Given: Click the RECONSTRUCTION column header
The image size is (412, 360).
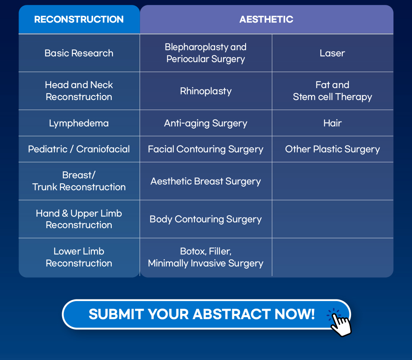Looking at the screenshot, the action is point(79,19).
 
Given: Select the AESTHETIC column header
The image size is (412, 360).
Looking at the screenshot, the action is point(266,19).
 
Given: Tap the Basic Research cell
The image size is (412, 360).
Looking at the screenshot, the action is point(79,53).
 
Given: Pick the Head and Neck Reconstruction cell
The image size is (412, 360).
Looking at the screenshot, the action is point(79,91).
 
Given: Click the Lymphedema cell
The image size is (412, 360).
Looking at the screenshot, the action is point(79,123).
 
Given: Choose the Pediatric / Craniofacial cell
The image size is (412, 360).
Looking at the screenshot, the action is point(79,149).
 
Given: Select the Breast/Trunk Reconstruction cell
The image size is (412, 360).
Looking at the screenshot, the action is point(79,181).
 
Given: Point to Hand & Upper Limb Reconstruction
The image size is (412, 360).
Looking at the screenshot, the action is point(79,219).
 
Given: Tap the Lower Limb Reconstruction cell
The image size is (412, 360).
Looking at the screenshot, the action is point(79,257).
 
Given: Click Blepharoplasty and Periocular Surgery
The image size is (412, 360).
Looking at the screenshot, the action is point(206,53).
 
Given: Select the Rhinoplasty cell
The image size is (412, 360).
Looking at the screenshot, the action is point(206,91).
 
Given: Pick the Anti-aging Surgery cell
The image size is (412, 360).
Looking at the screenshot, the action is point(206,123).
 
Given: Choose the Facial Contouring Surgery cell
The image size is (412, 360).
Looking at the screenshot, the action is point(206,149).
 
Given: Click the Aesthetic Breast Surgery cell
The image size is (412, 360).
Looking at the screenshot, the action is point(206,181).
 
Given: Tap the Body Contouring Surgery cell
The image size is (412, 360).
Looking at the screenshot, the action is point(206,219).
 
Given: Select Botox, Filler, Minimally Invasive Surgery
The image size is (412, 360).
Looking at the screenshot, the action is point(206,257).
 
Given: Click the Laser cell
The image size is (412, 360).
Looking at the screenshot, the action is point(332,53).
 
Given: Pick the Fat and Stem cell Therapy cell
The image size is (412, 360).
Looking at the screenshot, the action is point(332,91).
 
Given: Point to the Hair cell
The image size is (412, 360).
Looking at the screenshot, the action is point(332,123).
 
